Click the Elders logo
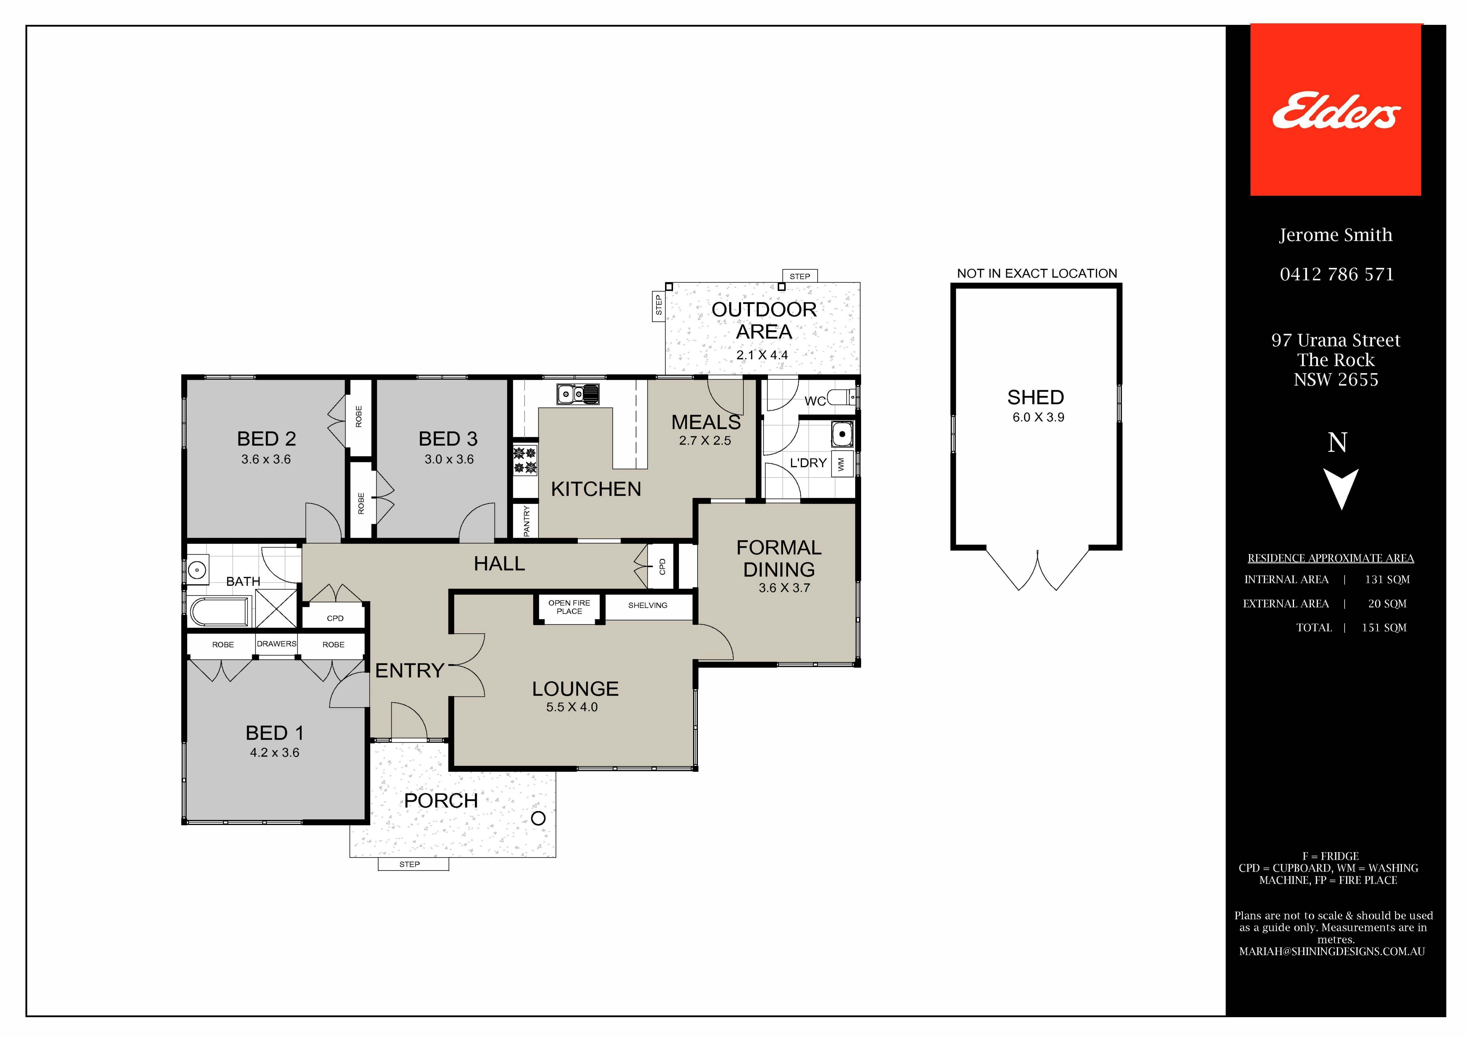(1335, 110)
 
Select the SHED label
(1036, 398)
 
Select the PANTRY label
(527, 521)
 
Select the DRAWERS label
(277, 643)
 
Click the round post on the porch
(539, 818)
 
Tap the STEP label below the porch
(409, 865)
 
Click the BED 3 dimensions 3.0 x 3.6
(449, 459)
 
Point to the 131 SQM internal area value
(1387, 579)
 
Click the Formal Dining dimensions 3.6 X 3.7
(784, 588)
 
